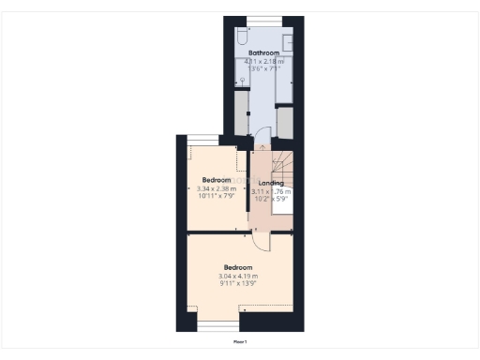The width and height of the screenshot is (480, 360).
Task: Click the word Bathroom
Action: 263,52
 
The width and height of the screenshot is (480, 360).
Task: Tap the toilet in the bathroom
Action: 242,37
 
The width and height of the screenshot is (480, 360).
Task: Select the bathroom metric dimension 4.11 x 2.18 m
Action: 263,61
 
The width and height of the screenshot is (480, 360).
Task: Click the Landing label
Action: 271,183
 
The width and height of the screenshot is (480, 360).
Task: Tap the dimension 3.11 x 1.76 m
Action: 272,191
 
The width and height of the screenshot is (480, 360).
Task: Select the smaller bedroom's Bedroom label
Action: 217,179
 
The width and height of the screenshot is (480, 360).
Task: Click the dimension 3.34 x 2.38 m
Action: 217,188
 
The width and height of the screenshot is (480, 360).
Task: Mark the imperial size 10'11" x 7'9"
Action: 217,196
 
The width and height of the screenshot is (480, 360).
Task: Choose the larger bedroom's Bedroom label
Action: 238,266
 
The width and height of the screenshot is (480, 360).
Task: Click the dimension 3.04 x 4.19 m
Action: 238,276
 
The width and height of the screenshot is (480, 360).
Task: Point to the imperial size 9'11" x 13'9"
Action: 238,283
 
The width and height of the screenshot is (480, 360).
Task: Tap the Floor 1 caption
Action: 240,342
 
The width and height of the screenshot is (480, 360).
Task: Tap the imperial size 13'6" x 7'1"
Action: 263,68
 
